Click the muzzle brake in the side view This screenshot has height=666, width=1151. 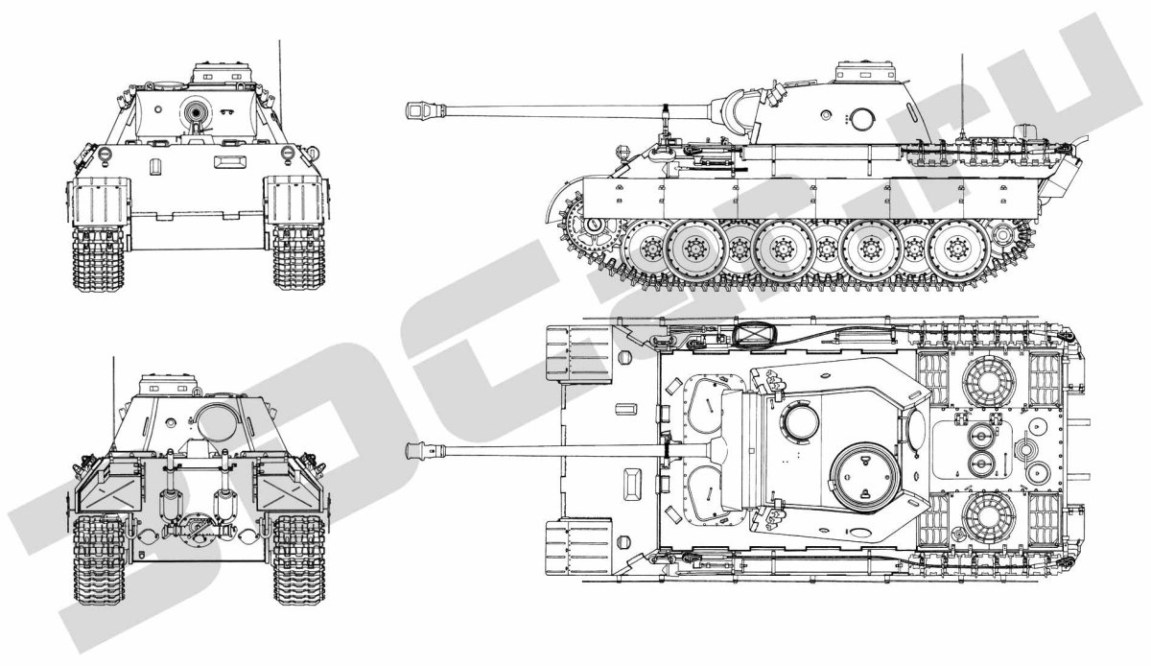419,111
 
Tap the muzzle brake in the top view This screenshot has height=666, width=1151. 419,449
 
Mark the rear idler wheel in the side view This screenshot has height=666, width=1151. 1004,233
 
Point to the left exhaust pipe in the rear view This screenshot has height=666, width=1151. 172,499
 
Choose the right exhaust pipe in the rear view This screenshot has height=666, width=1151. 226,499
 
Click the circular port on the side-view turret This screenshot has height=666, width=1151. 861,119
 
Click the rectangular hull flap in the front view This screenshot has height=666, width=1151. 228,163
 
